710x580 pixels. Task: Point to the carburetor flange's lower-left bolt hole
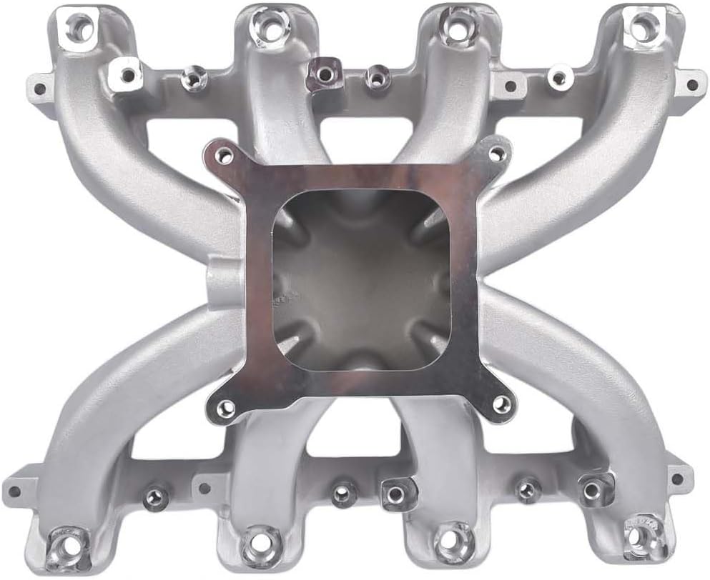[226, 408]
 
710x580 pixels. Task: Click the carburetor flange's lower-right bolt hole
[502, 404]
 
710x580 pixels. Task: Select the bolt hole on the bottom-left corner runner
[69, 540]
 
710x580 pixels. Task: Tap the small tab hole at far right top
[691, 84]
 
